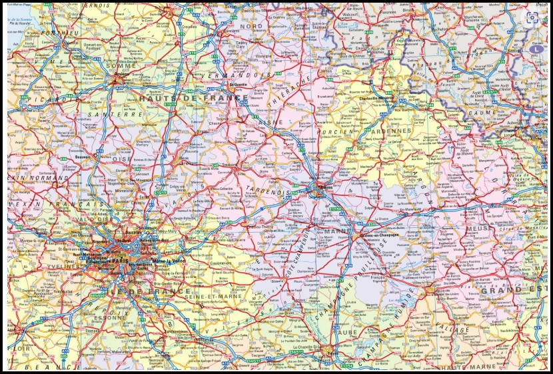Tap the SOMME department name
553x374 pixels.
[120, 65]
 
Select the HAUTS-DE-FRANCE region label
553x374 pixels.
[193, 98]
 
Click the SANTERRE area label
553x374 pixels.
[120, 114]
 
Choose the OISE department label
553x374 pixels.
[122, 159]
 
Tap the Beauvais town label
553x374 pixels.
[83, 157]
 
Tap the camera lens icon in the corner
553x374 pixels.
[532, 18]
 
